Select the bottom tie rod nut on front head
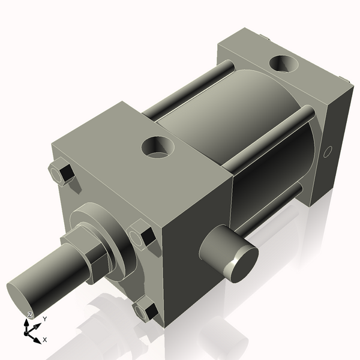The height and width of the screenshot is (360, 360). point(145,312)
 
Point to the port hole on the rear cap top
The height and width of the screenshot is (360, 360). point(282,62)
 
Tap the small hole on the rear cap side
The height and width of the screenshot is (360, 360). point(327,152)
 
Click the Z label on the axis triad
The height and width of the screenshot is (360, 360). point(30,315)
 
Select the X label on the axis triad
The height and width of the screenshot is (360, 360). point(45,340)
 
